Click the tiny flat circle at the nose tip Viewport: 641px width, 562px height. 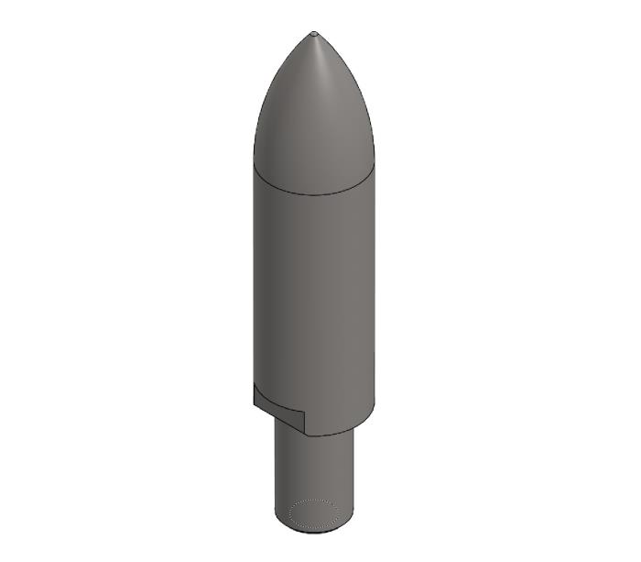click(x=314, y=34)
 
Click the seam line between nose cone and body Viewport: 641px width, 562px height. click(x=314, y=193)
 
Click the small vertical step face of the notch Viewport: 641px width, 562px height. click(x=304, y=422)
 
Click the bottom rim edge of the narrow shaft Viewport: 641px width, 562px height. click(x=314, y=532)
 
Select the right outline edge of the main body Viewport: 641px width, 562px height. click(x=375, y=293)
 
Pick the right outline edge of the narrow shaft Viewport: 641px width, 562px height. click(x=354, y=477)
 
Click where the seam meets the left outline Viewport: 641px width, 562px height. click(x=254, y=167)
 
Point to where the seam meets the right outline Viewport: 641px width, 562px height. click(x=375, y=167)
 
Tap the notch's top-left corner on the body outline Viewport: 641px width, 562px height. click(x=254, y=385)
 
